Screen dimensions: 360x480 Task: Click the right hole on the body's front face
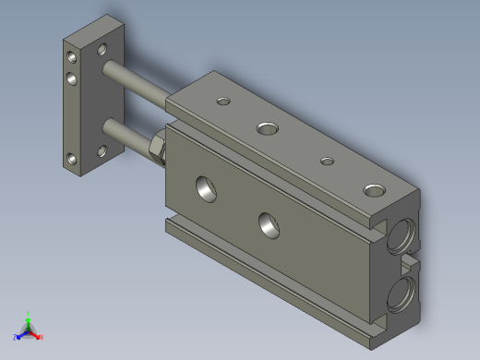(269, 222)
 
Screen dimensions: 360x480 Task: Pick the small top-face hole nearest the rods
(222, 101)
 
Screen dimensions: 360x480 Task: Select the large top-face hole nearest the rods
(268, 126)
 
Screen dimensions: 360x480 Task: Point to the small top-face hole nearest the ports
(327, 162)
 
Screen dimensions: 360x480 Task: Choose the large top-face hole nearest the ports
(374, 190)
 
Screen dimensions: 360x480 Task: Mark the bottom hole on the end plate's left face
(71, 160)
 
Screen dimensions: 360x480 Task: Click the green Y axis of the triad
(29, 318)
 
